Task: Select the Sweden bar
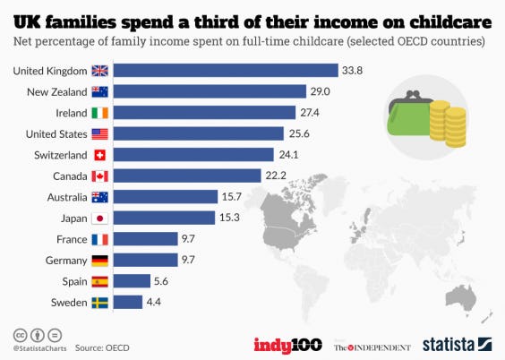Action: tap(130, 302)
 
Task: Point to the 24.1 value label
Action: tap(287, 154)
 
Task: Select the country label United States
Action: tap(54, 133)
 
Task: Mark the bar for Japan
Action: tap(167, 218)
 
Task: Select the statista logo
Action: tap(458, 344)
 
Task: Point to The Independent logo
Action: tap(372, 345)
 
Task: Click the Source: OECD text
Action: tap(101, 346)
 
